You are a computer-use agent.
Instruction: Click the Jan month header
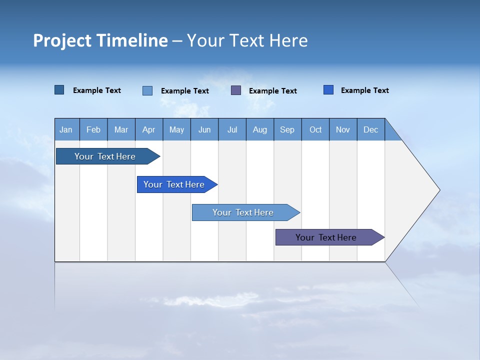(x=66, y=129)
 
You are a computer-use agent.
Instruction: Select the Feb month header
(x=93, y=129)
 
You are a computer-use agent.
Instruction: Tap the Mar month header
(x=121, y=129)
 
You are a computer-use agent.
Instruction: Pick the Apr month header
(x=149, y=129)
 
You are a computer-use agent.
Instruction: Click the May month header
(x=176, y=129)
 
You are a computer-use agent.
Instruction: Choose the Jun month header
(x=204, y=129)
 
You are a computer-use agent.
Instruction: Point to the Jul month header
(x=232, y=129)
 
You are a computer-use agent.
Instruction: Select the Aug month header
(x=260, y=129)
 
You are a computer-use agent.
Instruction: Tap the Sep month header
(x=287, y=129)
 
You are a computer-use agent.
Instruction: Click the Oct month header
(x=315, y=129)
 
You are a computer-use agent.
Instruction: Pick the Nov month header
(x=343, y=129)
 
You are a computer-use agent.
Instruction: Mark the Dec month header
(x=371, y=129)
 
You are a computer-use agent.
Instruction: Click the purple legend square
(x=236, y=90)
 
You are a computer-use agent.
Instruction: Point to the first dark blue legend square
(x=59, y=90)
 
